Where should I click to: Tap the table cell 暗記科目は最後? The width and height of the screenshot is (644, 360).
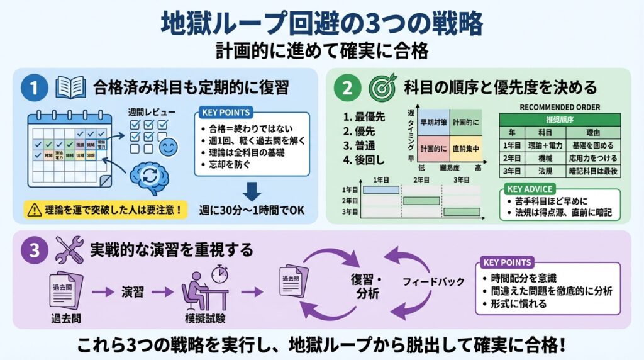click(593, 171)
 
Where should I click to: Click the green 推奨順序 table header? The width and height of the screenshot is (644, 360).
click(559, 119)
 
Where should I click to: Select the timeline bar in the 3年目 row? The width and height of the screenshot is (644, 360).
click(462, 212)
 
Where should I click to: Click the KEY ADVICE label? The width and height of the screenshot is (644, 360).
click(530, 189)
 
